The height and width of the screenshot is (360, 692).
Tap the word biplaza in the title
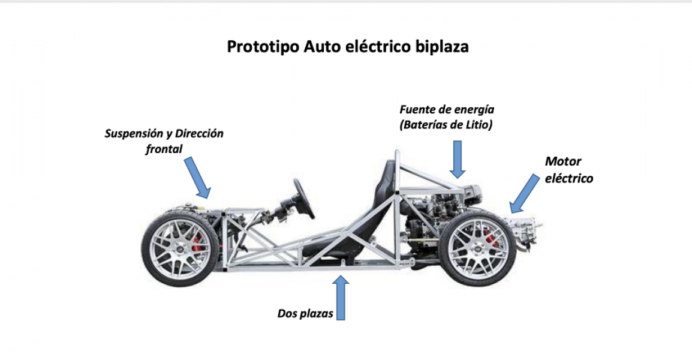pos(442,47)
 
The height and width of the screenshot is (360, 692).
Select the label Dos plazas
pos(305,313)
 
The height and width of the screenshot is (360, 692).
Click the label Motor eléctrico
pos(568,170)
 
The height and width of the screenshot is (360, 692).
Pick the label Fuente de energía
pos(447,110)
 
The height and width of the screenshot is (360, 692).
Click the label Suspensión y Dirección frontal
pos(164,141)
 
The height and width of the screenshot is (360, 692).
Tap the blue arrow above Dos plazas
pos(341,298)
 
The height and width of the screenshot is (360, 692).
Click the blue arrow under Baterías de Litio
pos(458,159)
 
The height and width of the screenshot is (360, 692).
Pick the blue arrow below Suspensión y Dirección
pos(197,177)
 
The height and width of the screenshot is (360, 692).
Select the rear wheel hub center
pos(478,246)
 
